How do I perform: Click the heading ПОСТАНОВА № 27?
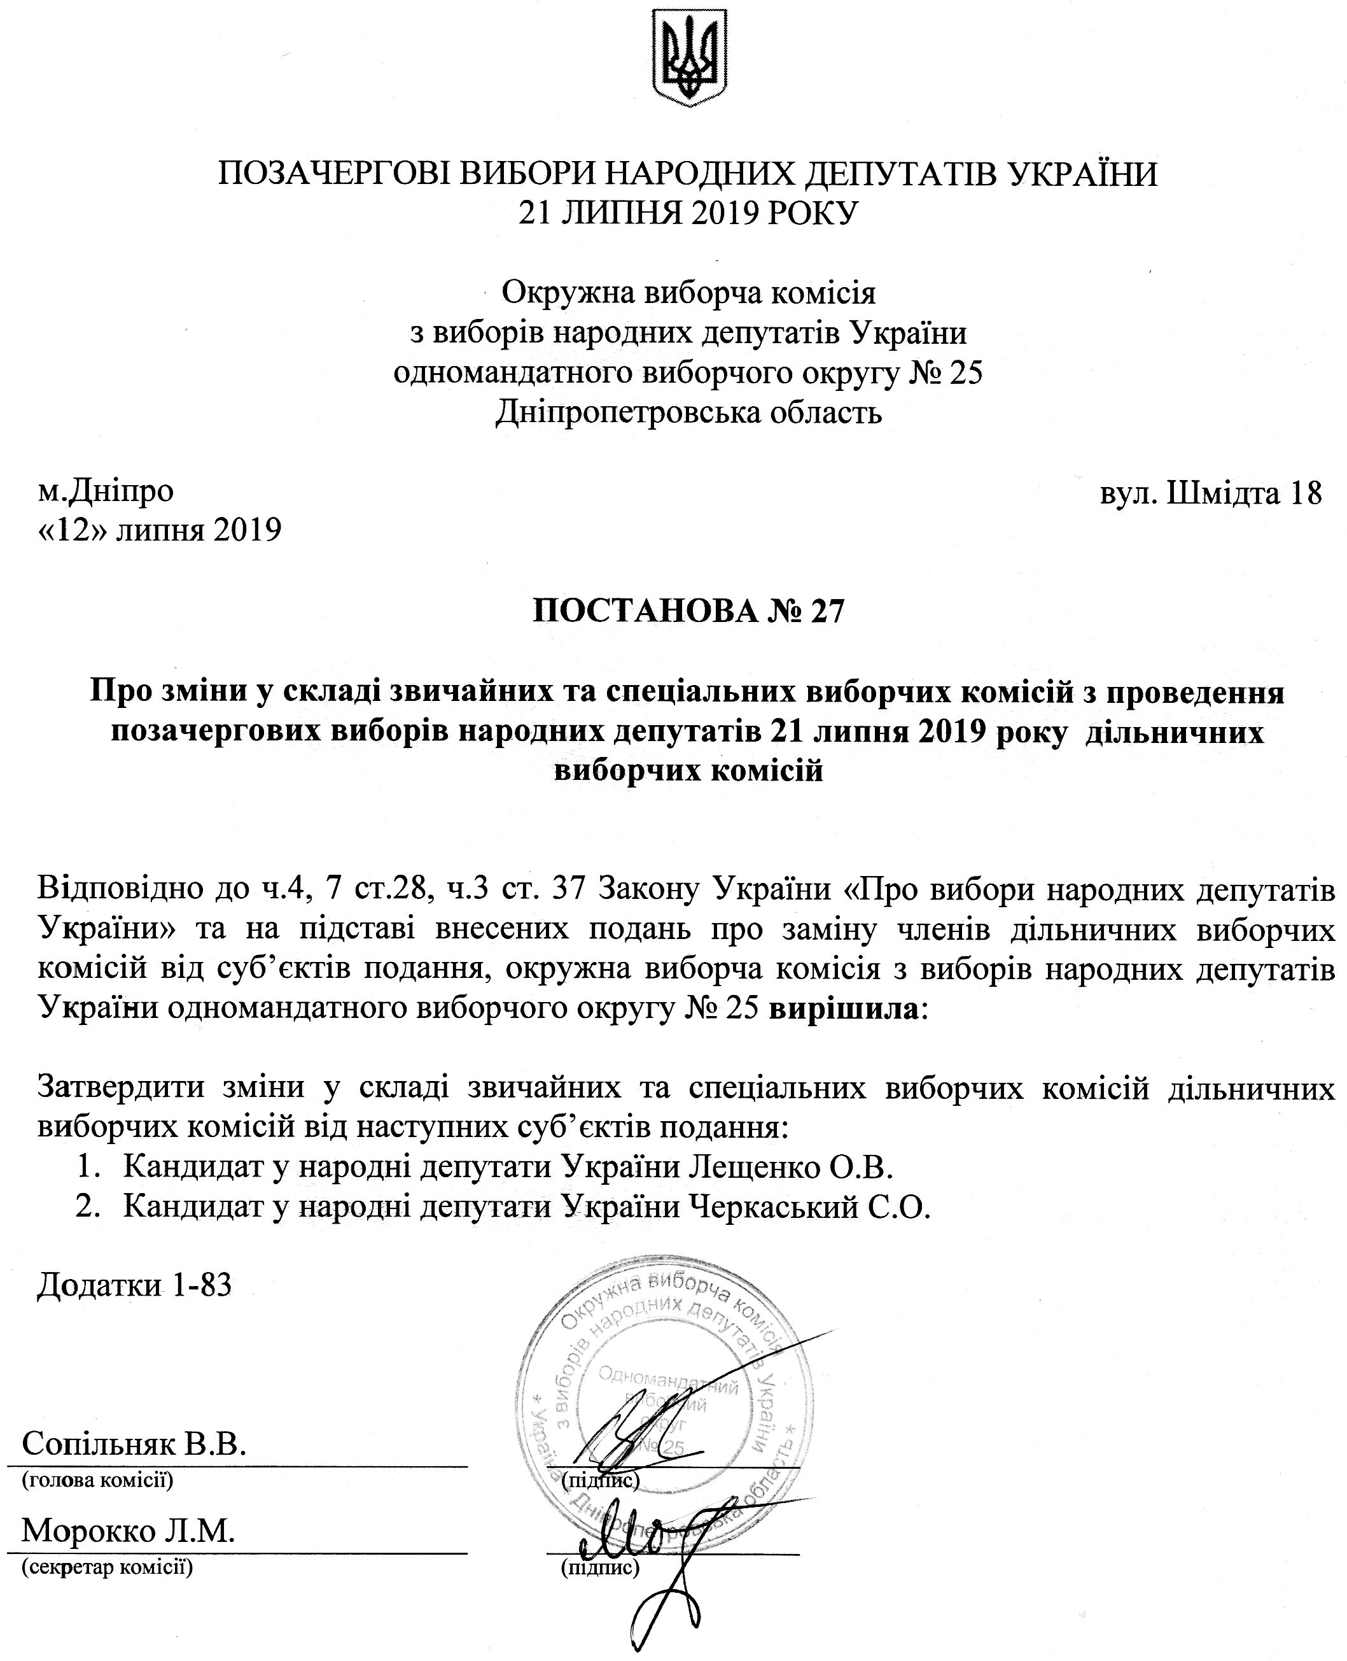click(x=687, y=612)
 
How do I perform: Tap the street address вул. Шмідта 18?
click(x=1210, y=492)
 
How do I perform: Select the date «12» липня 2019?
click(x=160, y=531)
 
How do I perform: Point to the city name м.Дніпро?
click(x=106, y=491)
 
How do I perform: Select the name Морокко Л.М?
click(x=128, y=1530)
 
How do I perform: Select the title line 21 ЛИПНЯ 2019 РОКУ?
click(x=689, y=211)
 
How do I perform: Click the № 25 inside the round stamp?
click(x=664, y=1448)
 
